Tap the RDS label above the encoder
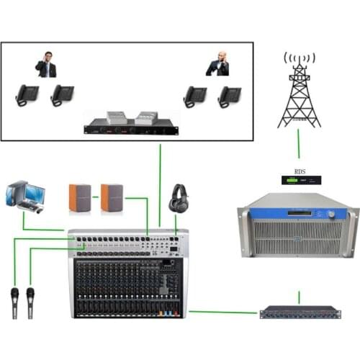(300, 172)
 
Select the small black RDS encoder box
(300, 183)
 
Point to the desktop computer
(26, 196)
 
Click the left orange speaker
(79, 198)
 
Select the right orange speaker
(112, 198)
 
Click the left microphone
(14, 302)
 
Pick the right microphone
(31, 302)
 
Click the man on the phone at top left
(46, 65)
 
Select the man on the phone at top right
(218, 64)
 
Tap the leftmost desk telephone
(27, 96)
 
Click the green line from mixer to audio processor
(223, 312)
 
